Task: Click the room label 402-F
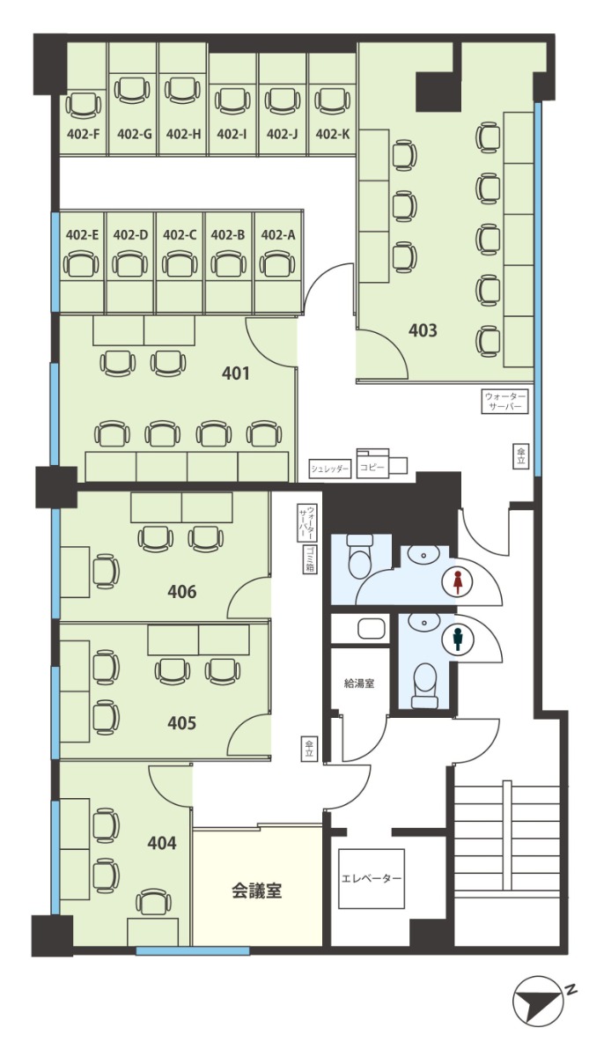click(x=83, y=135)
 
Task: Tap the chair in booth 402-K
click(x=333, y=101)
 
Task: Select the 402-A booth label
click(x=278, y=234)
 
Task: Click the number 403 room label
click(x=423, y=330)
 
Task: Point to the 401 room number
click(x=235, y=373)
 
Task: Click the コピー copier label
click(x=372, y=468)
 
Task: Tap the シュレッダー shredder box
click(x=330, y=469)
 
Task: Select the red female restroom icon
click(x=457, y=582)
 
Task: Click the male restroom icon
click(x=457, y=639)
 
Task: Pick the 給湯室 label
click(x=359, y=684)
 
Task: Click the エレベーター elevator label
click(x=372, y=878)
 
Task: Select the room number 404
click(x=162, y=842)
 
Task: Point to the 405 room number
click(x=182, y=723)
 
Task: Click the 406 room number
click(x=182, y=591)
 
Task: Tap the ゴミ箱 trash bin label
click(x=310, y=559)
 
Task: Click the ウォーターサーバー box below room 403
click(x=504, y=401)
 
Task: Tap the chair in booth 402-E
click(x=81, y=263)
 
